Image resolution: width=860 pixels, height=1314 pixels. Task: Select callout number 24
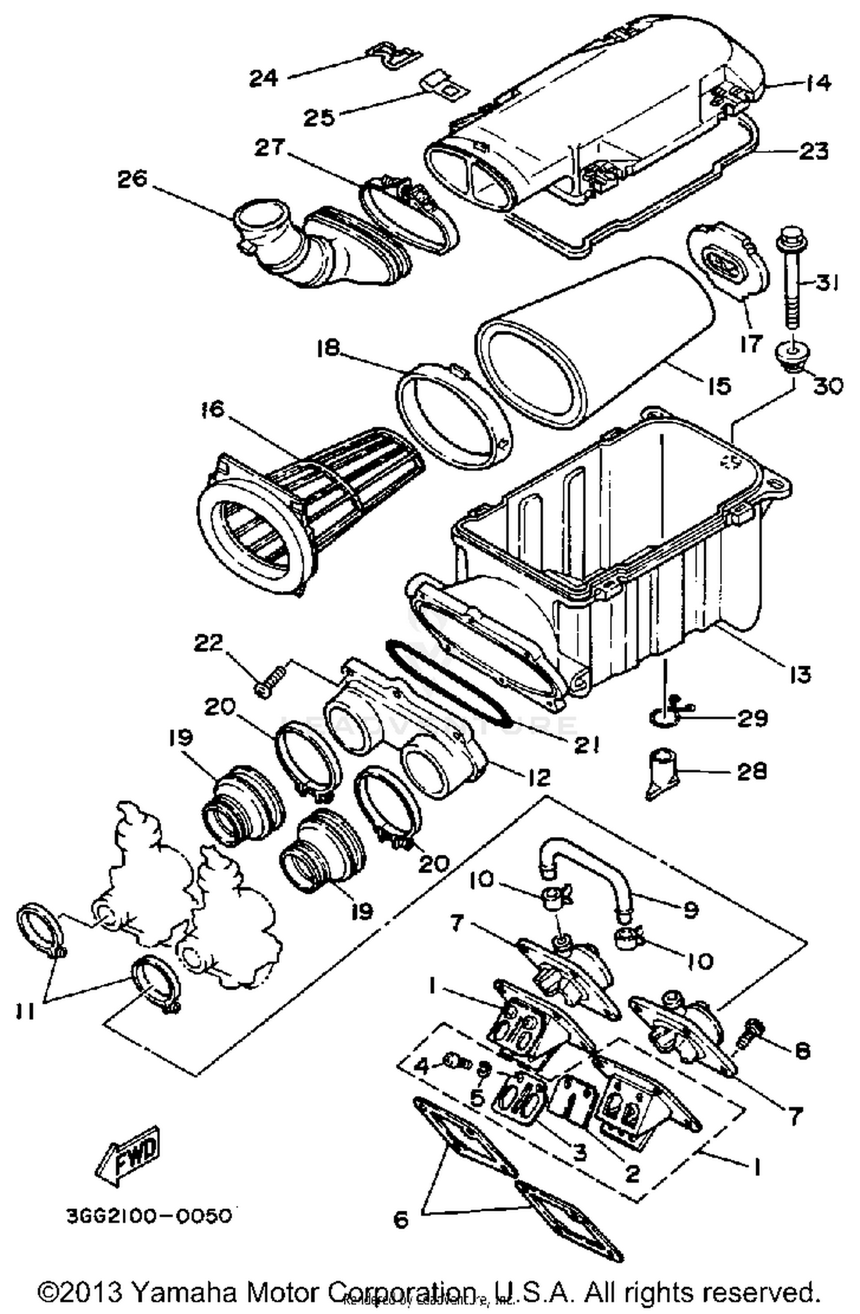[264, 78]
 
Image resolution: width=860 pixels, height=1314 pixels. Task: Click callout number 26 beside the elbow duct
[132, 179]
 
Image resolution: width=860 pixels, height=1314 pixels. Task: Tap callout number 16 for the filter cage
[213, 410]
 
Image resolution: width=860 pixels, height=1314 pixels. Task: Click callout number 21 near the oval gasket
[585, 745]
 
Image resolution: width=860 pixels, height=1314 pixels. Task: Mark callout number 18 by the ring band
[329, 348]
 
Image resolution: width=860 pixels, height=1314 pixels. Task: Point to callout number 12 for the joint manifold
[538, 777]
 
